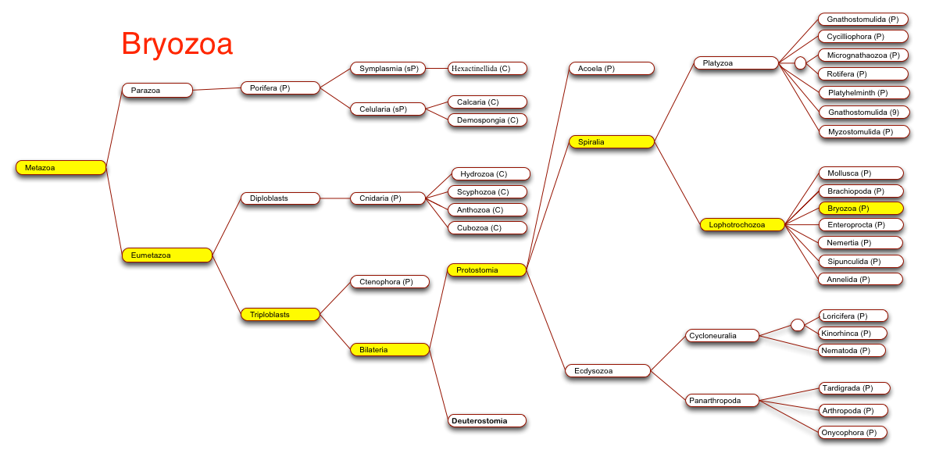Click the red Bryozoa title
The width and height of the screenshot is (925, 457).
(x=177, y=45)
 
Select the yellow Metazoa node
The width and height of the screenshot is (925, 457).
(x=61, y=168)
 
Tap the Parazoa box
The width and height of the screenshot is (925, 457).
(x=158, y=90)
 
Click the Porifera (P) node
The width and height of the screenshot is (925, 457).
(x=280, y=87)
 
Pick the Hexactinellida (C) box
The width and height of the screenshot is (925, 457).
(x=487, y=69)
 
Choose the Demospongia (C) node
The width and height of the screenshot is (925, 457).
(x=487, y=120)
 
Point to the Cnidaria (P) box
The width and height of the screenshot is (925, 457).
(x=387, y=198)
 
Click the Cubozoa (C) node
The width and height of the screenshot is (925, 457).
(x=487, y=227)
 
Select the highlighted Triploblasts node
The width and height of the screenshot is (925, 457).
(x=280, y=314)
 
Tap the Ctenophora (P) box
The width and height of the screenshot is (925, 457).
(x=390, y=282)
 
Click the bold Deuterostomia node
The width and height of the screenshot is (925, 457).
(x=487, y=421)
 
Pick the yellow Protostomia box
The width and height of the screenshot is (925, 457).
(x=487, y=270)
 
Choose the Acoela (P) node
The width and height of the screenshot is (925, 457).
(x=612, y=69)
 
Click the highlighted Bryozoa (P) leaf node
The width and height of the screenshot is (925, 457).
(x=861, y=208)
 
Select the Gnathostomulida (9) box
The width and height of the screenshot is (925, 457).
(x=863, y=112)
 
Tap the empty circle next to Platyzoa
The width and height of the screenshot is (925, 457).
(x=801, y=63)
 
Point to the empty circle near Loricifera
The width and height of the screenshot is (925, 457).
(x=798, y=325)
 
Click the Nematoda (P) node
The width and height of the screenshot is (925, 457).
(x=852, y=350)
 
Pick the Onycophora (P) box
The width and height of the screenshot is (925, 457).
(x=852, y=432)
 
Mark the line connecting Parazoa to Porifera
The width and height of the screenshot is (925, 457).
(x=216, y=89)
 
